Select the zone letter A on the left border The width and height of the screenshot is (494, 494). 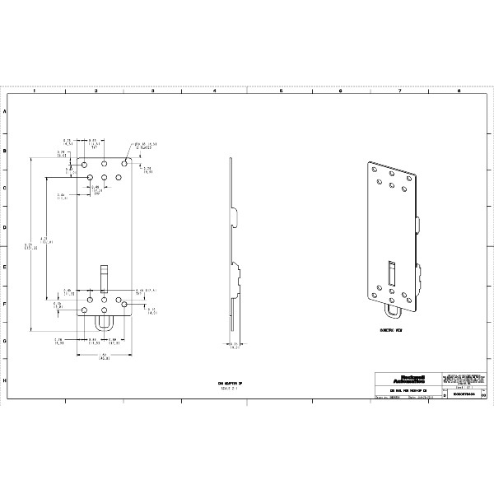pyautogui.click(x=7, y=111)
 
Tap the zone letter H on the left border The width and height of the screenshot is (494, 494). pyautogui.click(x=7, y=381)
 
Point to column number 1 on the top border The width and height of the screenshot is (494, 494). pyautogui.click(x=34, y=91)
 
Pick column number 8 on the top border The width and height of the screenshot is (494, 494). pyautogui.click(x=458, y=91)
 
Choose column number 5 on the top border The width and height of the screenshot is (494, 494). pyautogui.click(x=280, y=91)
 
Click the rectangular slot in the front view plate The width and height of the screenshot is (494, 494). pyautogui.click(x=105, y=277)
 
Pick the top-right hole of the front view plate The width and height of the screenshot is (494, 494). pyautogui.click(x=123, y=164)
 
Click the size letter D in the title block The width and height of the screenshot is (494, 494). pyautogui.click(x=445, y=396)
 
